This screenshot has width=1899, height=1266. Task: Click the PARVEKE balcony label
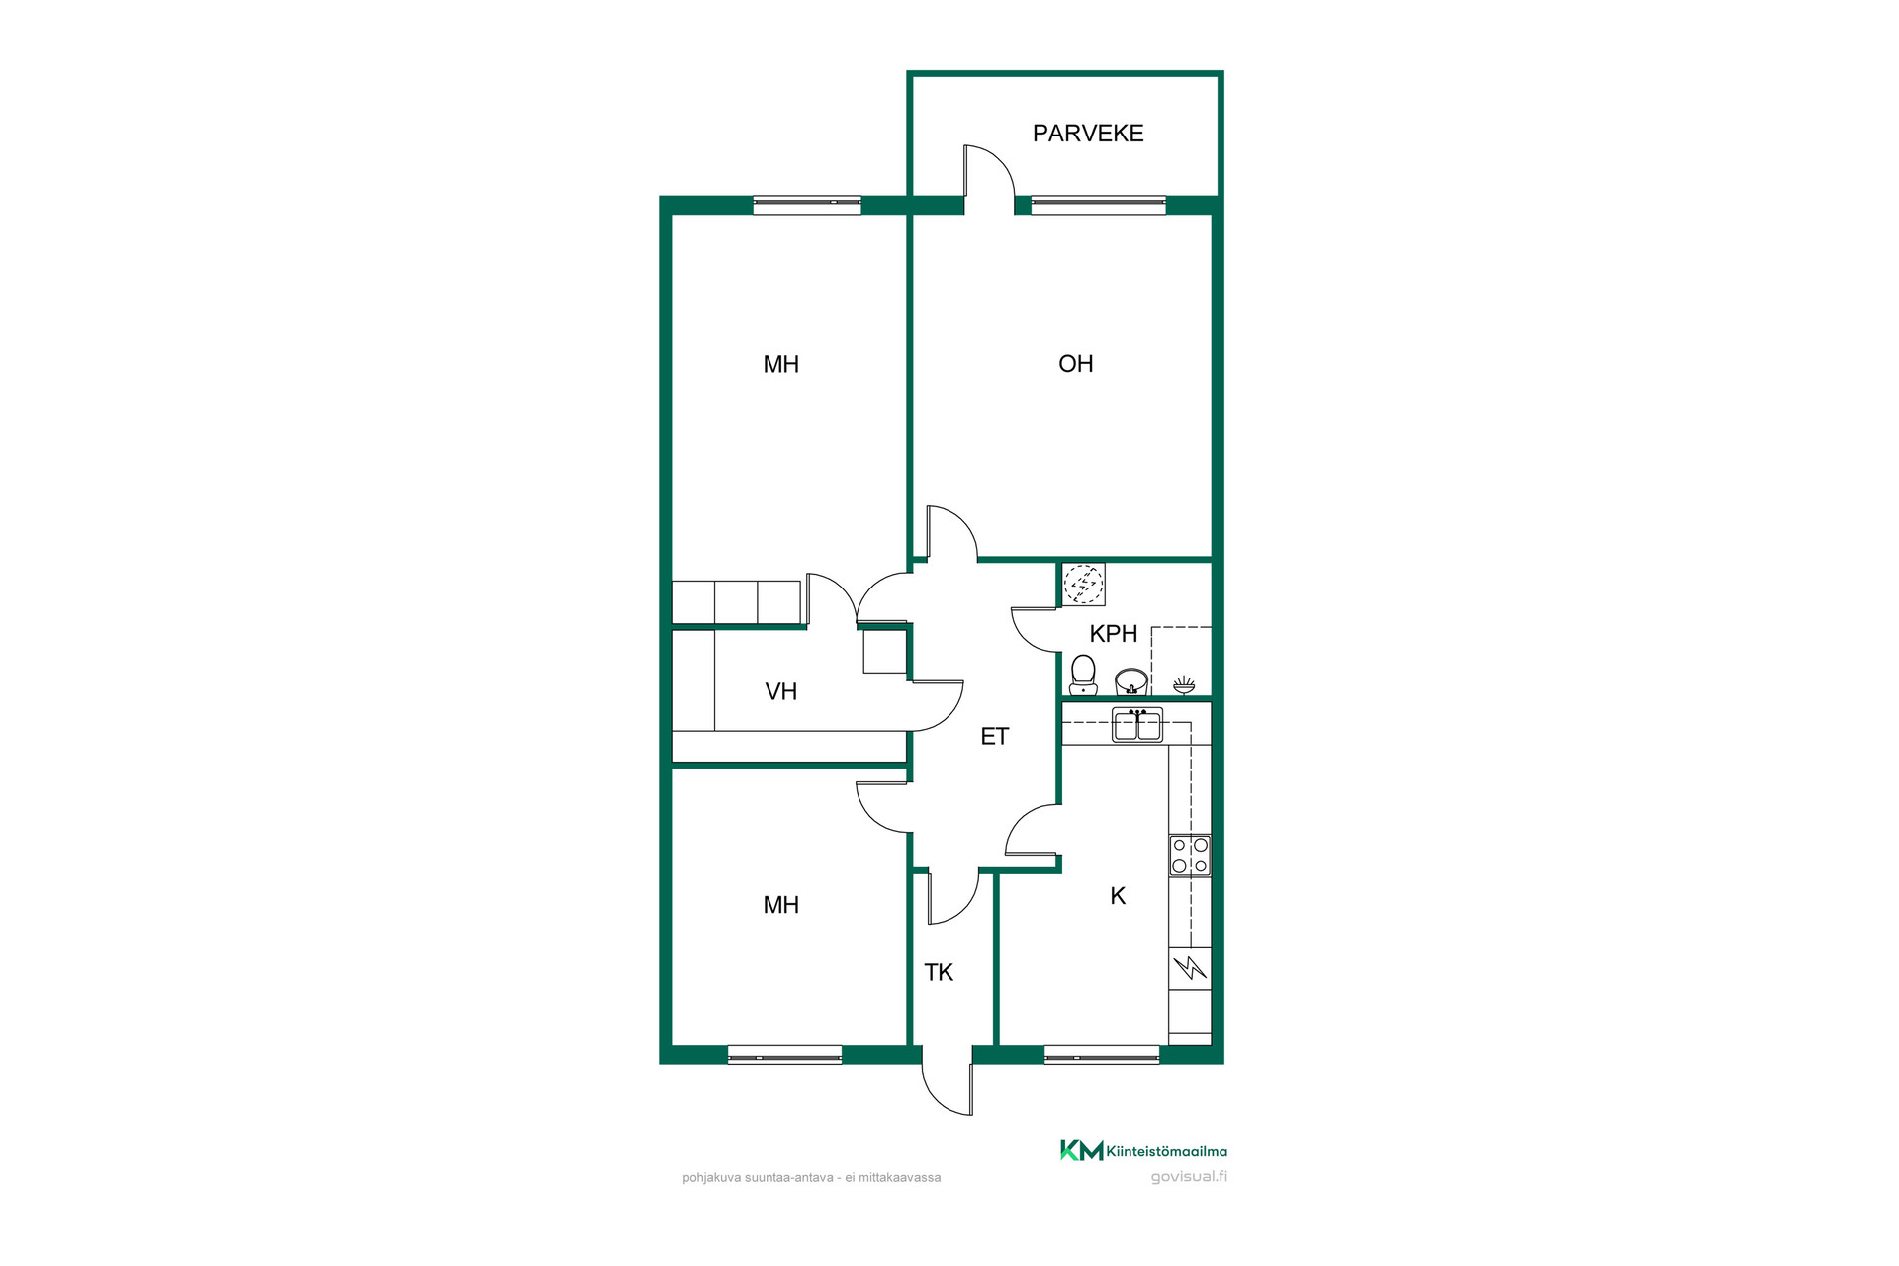pyautogui.click(x=1088, y=134)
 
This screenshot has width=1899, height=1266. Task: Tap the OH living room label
pyautogui.click(x=1075, y=364)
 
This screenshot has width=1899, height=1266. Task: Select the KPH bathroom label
pyautogui.click(x=1113, y=634)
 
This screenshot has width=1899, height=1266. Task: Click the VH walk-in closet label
pyautogui.click(x=780, y=691)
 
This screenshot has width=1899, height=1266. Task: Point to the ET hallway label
pyautogui.click(x=994, y=736)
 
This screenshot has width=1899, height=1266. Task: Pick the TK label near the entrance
pyautogui.click(x=939, y=972)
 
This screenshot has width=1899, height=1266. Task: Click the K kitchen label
pyautogui.click(x=1118, y=896)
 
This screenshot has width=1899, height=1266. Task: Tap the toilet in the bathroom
pyautogui.click(x=1083, y=675)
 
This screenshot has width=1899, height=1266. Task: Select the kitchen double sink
pyautogui.click(x=1137, y=725)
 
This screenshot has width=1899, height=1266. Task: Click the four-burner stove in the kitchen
pyautogui.click(x=1190, y=856)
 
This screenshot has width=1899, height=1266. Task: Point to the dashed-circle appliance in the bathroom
pyautogui.click(x=1083, y=585)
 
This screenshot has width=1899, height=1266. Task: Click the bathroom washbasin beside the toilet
pyautogui.click(x=1131, y=681)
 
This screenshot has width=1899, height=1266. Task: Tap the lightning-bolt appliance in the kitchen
pyautogui.click(x=1190, y=967)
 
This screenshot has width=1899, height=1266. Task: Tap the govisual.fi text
pyautogui.click(x=1189, y=1177)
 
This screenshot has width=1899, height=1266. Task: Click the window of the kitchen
pyautogui.click(x=1102, y=1054)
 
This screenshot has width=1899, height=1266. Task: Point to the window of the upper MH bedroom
pyautogui.click(x=807, y=205)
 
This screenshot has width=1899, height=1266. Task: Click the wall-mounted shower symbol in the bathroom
pyautogui.click(x=1183, y=684)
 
